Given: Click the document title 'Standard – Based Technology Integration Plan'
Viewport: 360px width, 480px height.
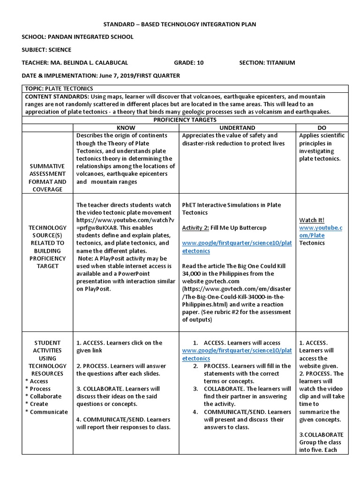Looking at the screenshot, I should point(180,24).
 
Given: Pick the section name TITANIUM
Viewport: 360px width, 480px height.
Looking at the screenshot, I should point(280,62).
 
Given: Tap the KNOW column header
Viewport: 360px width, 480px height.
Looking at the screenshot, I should point(126,128).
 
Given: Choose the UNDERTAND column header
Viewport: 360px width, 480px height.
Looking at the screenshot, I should point(237,128).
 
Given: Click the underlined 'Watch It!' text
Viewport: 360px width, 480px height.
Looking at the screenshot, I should point(312,220).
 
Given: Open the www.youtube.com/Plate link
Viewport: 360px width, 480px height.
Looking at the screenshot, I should point(321,232).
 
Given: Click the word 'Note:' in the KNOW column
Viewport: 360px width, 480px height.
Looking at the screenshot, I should point(86,259).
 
